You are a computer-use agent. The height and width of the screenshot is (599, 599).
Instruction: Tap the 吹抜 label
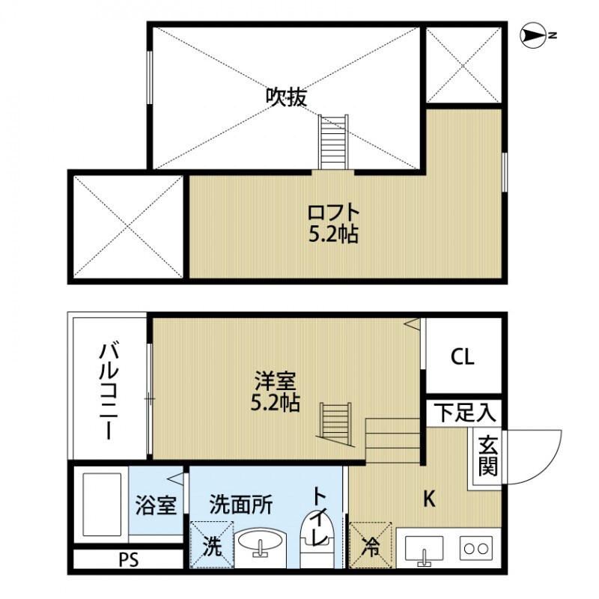coord(287,97)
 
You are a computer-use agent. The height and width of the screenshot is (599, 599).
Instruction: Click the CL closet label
coord(462,357)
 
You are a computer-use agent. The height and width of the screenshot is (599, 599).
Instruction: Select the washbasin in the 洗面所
coord(261,546)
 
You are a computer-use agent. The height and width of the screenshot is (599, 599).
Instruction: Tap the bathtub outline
coord(100,502)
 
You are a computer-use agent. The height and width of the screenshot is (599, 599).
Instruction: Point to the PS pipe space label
coord(129,559)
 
